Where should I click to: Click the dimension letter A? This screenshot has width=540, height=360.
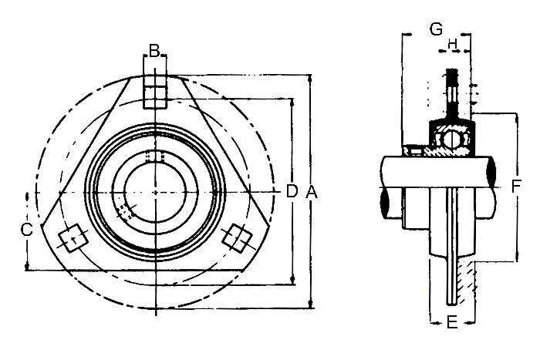coord(312,192)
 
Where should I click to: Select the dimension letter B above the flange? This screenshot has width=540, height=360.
coord(154,51)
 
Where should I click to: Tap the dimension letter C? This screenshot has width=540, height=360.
coord(27,230)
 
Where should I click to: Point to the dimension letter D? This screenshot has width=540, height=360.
coord(292,191)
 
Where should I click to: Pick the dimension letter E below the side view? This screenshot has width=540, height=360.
coord(452,323)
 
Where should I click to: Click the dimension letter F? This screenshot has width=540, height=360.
coord(515,187)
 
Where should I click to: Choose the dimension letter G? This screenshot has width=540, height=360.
coord(437,29)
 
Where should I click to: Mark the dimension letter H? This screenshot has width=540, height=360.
coord(452,44)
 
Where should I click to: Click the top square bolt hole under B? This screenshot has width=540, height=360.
coord(155,92)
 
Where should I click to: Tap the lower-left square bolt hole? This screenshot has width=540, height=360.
coord(73,238)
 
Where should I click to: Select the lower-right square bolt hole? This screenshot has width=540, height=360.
coord(236,237)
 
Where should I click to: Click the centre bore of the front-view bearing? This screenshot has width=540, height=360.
coord(155,192)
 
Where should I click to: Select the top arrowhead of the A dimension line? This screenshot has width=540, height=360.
coord(311,78)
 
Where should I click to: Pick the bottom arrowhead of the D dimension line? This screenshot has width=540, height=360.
coord(292,280)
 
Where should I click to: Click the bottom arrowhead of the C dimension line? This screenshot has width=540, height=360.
coord(27,267)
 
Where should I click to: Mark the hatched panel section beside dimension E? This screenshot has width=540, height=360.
coord(466,282)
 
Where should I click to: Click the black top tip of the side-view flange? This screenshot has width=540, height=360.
coord(451,74)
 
